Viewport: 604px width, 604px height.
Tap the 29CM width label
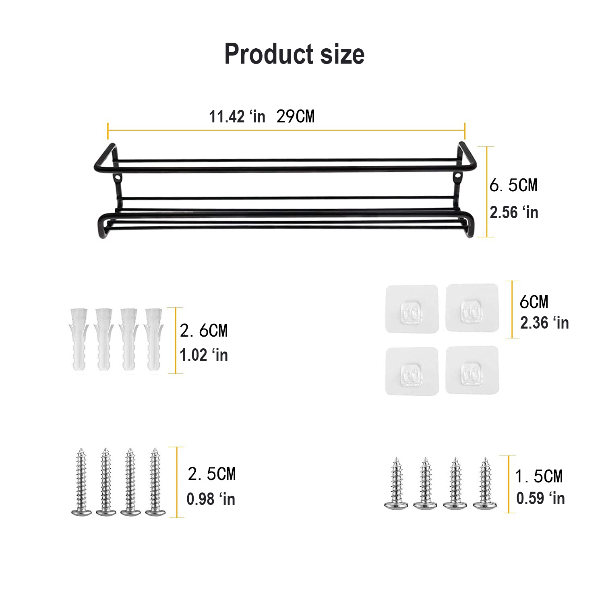click(x=296, y=117)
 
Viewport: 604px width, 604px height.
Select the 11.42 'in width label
click(x=237, y=117)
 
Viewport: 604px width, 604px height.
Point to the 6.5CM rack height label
click(x=513, y=186)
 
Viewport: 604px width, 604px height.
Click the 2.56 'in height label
click(x=514, y=213)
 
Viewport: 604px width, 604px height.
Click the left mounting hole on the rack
click(x=118, y=177)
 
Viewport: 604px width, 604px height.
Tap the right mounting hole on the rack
click(x=458, y=176)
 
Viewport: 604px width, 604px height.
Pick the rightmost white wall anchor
click(x=153, y=340)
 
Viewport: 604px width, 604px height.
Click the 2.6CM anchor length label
click(x=204, y=331)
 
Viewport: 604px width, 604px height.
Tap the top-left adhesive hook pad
click(x=411, y=309)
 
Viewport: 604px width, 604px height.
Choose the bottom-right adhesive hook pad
click(x=472, y=370)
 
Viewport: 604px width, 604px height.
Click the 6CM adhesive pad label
click(x=534, y=302)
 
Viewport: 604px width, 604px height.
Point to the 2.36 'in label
click(x=544, y=323)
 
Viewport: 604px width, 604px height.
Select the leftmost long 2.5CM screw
click(x=81, y=482)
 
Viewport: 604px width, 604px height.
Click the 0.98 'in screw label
click(x=211, y=499)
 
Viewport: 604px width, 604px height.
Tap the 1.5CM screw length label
click(x=539, y=477)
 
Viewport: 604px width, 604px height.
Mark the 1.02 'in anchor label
click(x=203, y=355)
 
